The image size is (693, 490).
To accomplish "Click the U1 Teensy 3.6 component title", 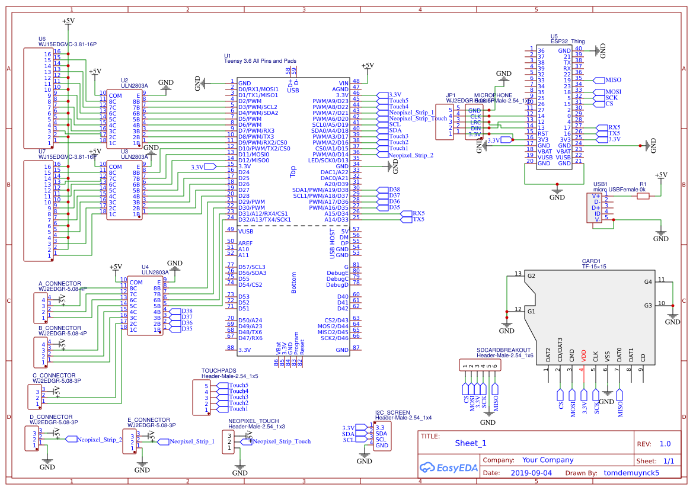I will coord(260,61).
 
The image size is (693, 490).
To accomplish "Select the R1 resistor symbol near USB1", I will coord(643,196).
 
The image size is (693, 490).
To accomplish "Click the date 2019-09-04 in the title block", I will coord(531,473).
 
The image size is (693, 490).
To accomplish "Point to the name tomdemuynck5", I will coord(631,473).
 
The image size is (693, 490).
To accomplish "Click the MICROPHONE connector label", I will coord(493,95).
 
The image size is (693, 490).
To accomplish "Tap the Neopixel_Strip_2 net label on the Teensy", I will coord(411,155).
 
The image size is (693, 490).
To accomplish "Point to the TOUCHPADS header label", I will coord(219,371).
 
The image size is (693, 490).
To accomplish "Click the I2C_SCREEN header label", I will coord(392,412).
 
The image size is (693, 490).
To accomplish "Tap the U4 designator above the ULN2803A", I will coord(145,267).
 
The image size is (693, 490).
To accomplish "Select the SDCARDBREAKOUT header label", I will coord(504,350).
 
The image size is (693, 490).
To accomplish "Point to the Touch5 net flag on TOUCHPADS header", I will coord(238,385).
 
